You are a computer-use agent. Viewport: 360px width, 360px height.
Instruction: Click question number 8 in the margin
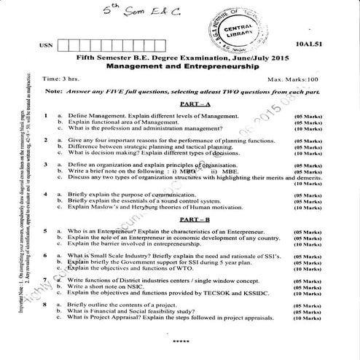pyautogui.click(x=45, y=304)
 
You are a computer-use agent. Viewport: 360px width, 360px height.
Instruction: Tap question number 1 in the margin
pyautogui.click(x=45, y=117)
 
